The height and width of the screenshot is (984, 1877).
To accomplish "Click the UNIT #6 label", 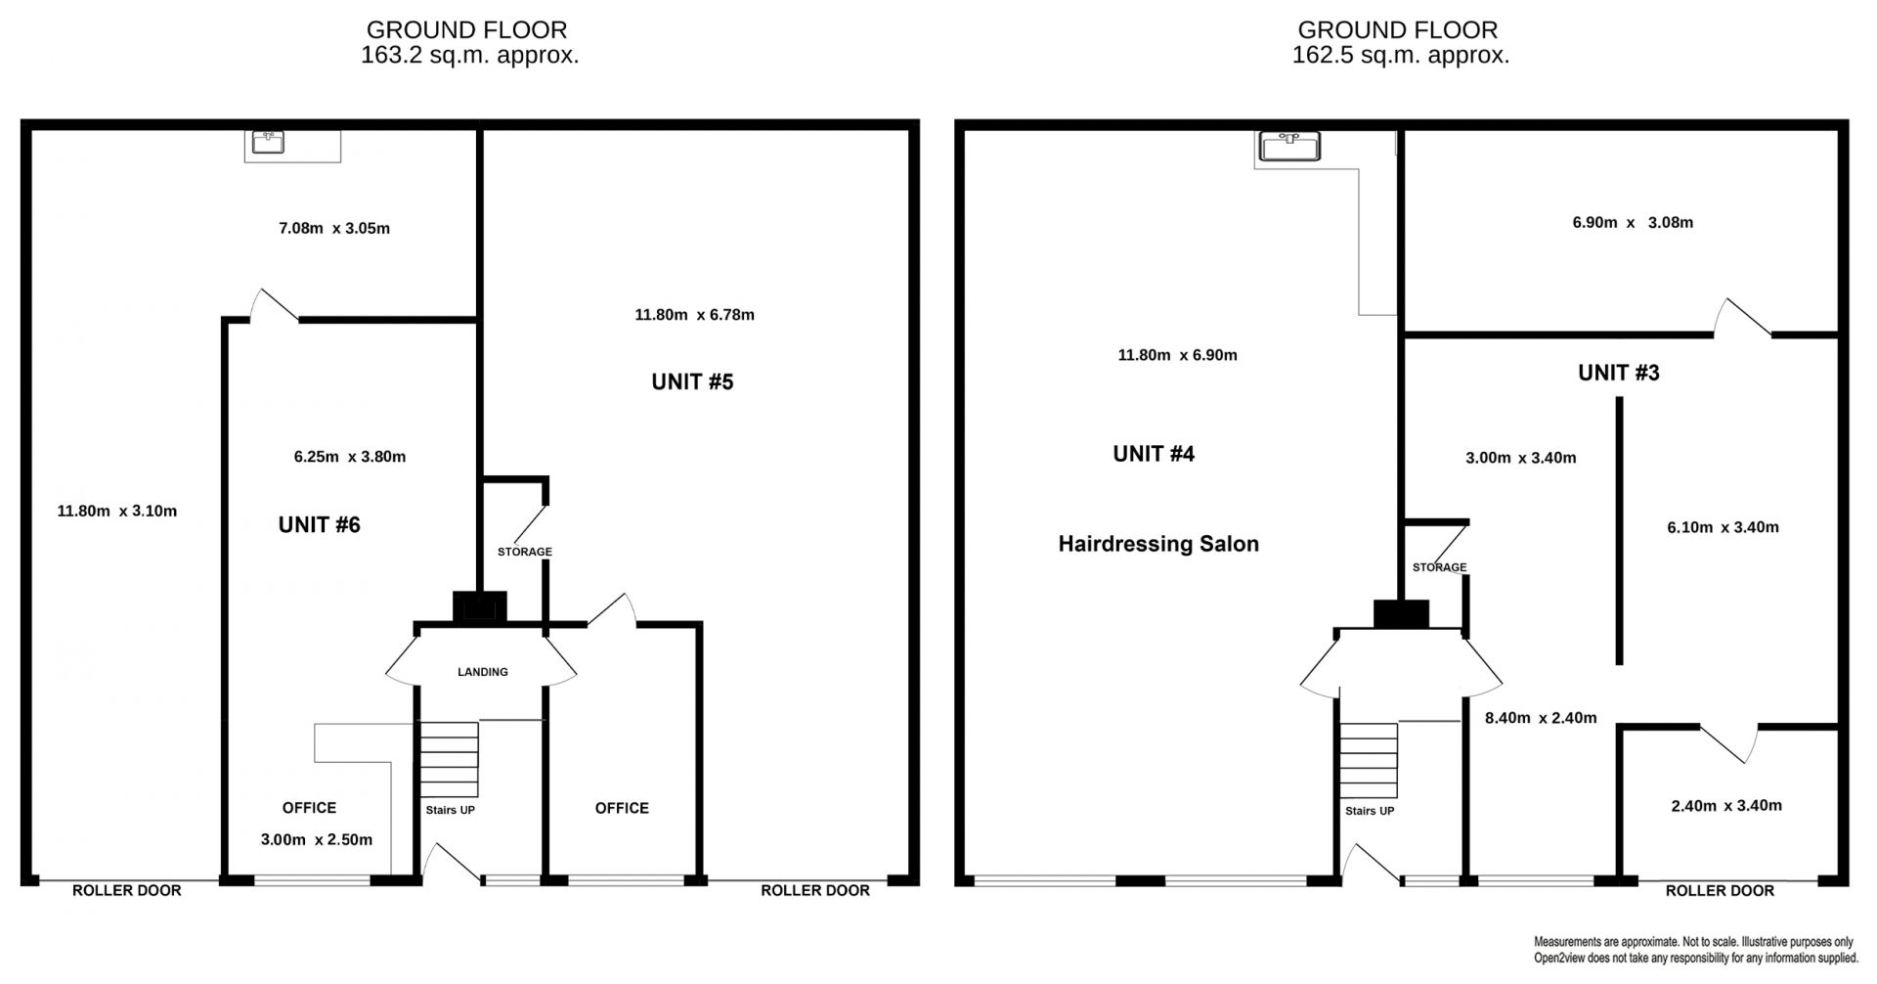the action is [319, 525].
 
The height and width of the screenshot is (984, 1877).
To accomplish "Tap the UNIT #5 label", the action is [692, 381].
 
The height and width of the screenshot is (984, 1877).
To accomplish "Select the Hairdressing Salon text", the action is [1158, 544].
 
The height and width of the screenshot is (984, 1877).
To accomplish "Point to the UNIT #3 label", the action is [1619, 373].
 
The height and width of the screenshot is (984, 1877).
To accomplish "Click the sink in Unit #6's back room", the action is [269, 143].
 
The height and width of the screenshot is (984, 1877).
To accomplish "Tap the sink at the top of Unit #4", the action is [1290, 146].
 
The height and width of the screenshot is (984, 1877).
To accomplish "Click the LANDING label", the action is [483, 672].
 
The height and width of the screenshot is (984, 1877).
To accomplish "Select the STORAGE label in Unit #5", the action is [525, 552].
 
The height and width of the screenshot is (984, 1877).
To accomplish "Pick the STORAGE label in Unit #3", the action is [1439, 567].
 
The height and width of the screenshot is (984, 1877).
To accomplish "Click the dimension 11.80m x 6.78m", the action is [694, 315].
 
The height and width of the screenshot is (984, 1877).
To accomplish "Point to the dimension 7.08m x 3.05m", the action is [334, 229].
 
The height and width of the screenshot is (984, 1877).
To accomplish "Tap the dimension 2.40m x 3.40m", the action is [1726, 806].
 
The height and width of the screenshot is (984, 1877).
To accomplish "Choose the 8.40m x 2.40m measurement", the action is [1541, 718].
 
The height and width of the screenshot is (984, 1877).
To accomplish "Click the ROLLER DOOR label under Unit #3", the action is [1720, 891].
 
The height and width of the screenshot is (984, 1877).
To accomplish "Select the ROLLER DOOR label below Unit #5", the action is [815, 891].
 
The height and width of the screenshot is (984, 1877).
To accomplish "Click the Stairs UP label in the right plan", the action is [1370, 811].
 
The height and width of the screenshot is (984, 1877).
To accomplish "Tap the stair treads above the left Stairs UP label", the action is [449, 760].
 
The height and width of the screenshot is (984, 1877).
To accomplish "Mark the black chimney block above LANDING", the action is [480, 606].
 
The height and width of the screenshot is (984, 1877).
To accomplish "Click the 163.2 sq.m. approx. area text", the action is [469, 55].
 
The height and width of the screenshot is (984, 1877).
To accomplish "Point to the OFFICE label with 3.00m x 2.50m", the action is [309, 808].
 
